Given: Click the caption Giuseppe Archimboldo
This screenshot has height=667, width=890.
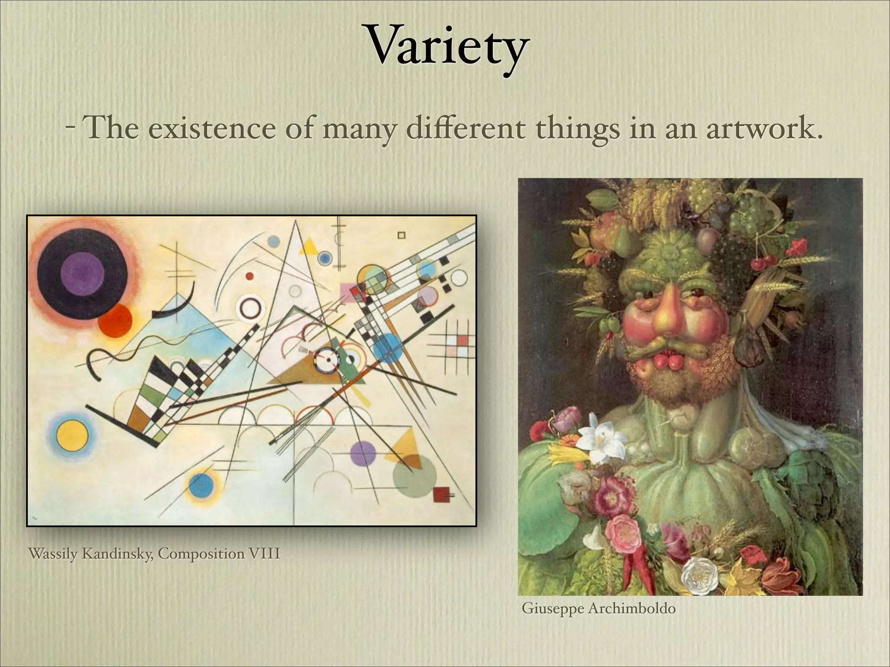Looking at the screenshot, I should [x=598, y=608].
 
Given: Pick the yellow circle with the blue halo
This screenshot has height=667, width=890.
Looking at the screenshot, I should [x=72, y=435].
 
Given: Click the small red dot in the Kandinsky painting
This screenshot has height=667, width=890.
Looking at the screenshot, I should [x=249, y=276].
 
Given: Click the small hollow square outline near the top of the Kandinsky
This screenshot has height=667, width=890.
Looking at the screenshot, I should [x=402, y=235].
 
